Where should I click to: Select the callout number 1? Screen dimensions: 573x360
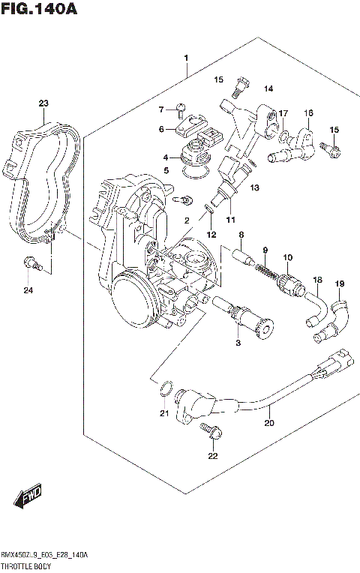pyautogui.click(x=186, y=58)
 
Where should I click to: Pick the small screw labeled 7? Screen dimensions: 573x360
pyautogui.click(x=180, y=110)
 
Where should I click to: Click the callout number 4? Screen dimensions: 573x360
pyautogui.click(x=166, y=157)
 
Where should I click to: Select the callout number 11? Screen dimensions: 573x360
pyautogui.click(x=230, y=220)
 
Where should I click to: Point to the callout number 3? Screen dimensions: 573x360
pyautogui.click(x=238, y=343)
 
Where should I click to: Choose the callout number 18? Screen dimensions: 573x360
pyautogui.click(x=317, y=280)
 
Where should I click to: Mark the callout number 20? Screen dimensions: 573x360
pyautogui.click(x=269, y=423)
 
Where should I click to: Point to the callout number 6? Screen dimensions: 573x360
pyautogui.click(x=160, y=129)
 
